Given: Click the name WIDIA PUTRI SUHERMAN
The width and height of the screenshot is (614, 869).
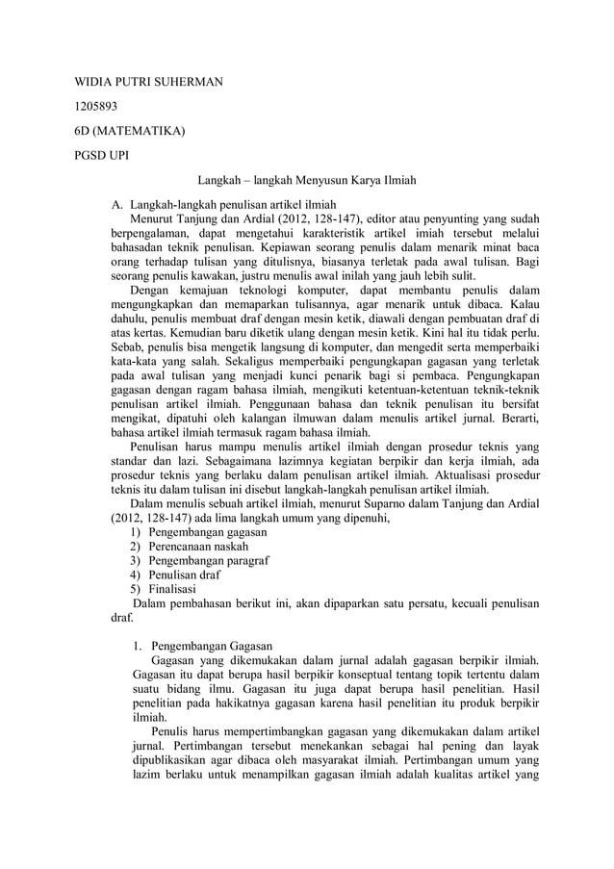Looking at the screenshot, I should pyautogui.click(x=149, y=82).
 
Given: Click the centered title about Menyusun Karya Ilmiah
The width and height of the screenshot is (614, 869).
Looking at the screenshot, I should pyautogui.click(x=307, y=181).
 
